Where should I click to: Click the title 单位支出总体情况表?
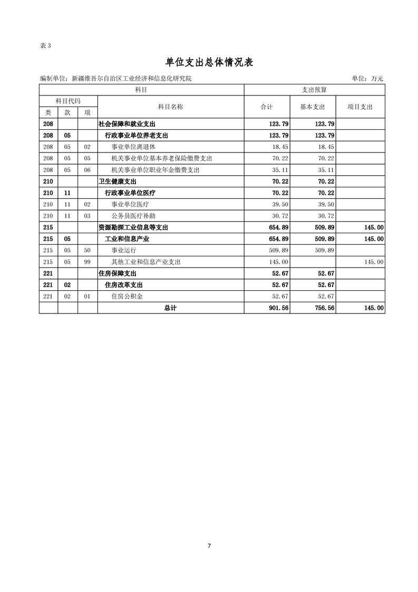click(x=209, y=62)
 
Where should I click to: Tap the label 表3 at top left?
click(x=46, y=45)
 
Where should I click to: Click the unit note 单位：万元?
click(x=368, y=79)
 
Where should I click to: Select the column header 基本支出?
click(x=313, y=107)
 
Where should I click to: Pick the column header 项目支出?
click(x=360, y=107)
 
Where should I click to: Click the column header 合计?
click(x=267, y=107)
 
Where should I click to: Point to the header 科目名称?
click(x=170, y=107)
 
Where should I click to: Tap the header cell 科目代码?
click(x=68, y=101)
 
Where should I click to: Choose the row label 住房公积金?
click(x=127, y=297)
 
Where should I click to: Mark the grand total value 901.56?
click(x=278, y=308)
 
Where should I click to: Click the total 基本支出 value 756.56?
click(x=324, y=308)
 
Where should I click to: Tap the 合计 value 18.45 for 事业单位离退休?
click(x=279, y=147)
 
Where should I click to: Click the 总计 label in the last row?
click(x=170, y=308)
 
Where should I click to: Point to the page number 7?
click(x=209, y=546)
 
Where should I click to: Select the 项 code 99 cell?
click(x=88, y=262)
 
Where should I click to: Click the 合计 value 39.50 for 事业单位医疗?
click(x=279, y=204)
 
